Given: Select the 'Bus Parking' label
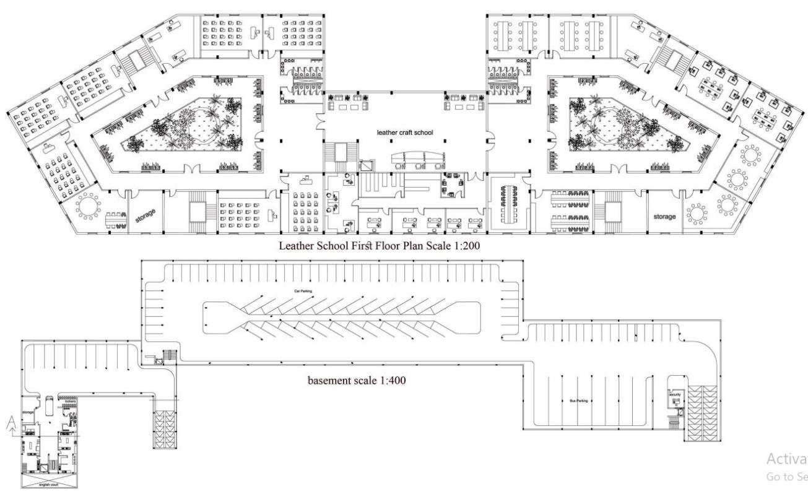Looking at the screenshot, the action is [578, 401].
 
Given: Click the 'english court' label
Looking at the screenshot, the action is [50, 485].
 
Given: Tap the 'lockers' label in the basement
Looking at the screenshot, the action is [69, 401].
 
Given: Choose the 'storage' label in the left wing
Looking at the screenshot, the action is [145, 215].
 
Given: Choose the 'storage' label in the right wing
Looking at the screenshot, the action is [664, 217].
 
